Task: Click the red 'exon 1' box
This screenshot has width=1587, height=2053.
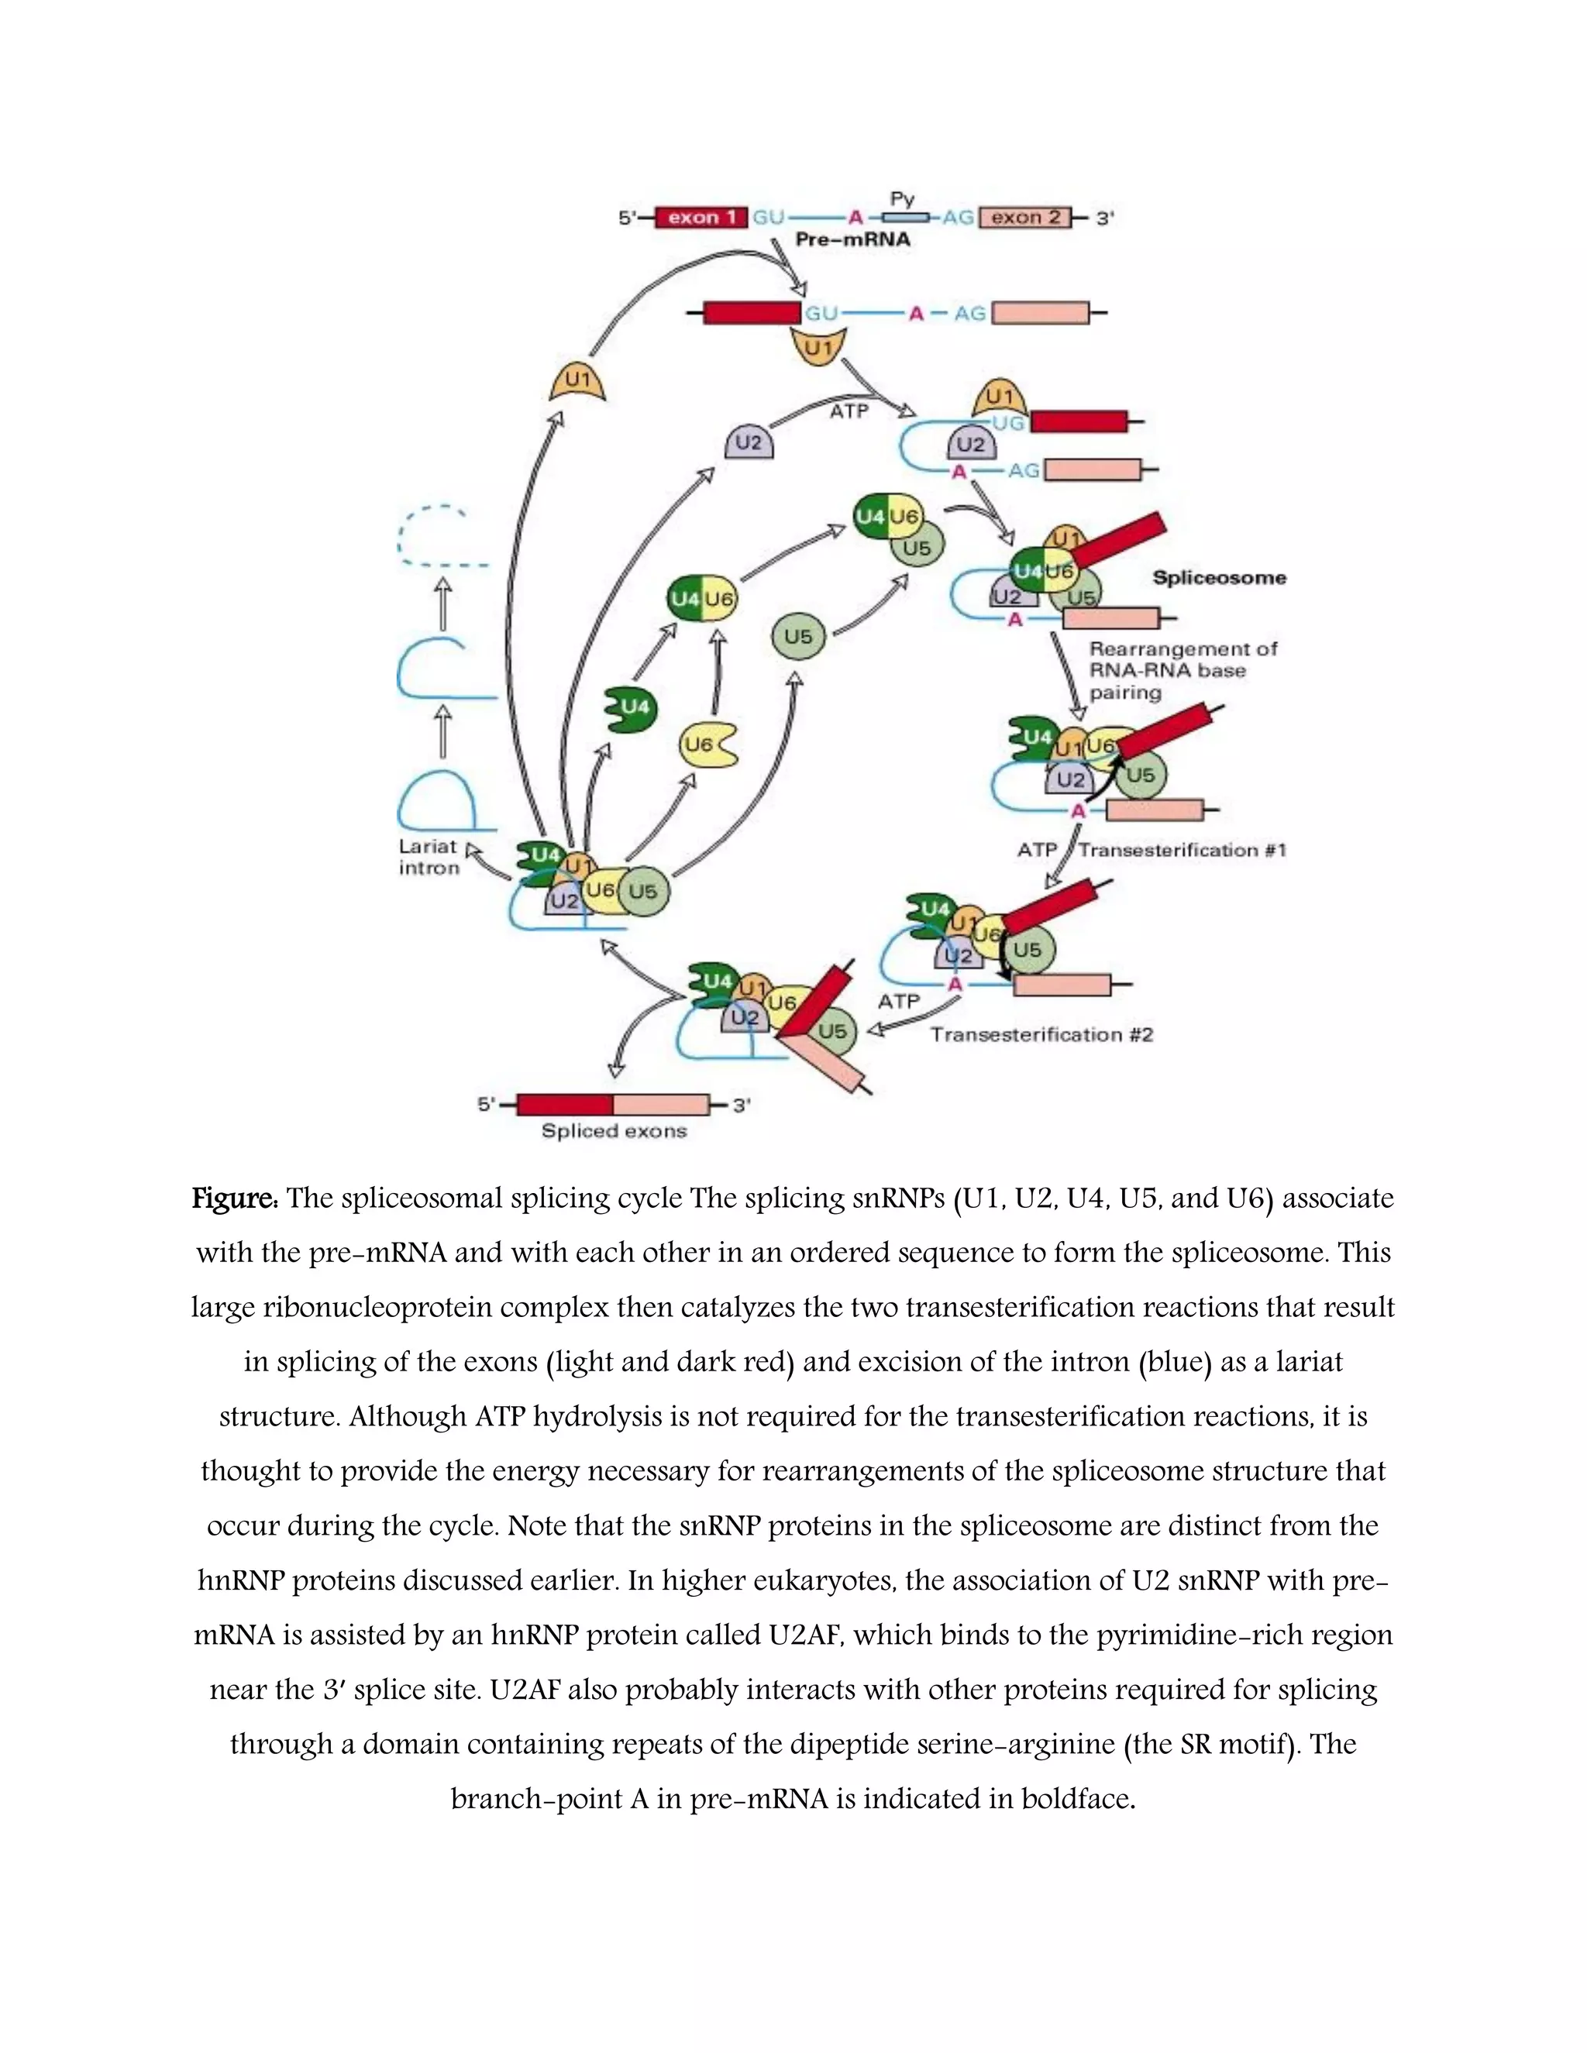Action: tap(701, 217)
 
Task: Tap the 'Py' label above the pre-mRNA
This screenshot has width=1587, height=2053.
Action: tap(902, 198)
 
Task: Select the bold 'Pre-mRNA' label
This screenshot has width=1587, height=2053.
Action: tap(852, 239)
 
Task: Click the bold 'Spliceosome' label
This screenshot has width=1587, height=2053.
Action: tap(1220, 577)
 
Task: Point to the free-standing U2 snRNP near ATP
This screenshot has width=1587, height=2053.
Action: tap(749, 442)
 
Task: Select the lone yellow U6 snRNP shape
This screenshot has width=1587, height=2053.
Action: tap(706, 745)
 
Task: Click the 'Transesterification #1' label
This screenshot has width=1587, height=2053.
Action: tap(1182, 850)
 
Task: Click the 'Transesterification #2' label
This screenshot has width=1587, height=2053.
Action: tap(1041, 1034)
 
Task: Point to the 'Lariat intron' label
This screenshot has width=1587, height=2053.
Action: tap(429, 856)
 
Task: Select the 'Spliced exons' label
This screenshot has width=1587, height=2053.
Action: tap(614, 1131)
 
